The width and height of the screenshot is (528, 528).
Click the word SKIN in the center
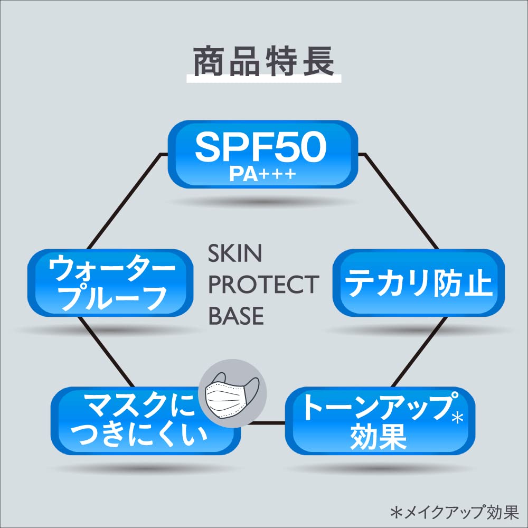coord(235,254)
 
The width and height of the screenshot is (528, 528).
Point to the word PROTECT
coord(263,285)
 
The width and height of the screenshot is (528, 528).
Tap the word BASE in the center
coord(236,316)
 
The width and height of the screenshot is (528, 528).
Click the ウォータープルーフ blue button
coord(108,283)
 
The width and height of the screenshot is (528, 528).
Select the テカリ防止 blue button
coord(418,283)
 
